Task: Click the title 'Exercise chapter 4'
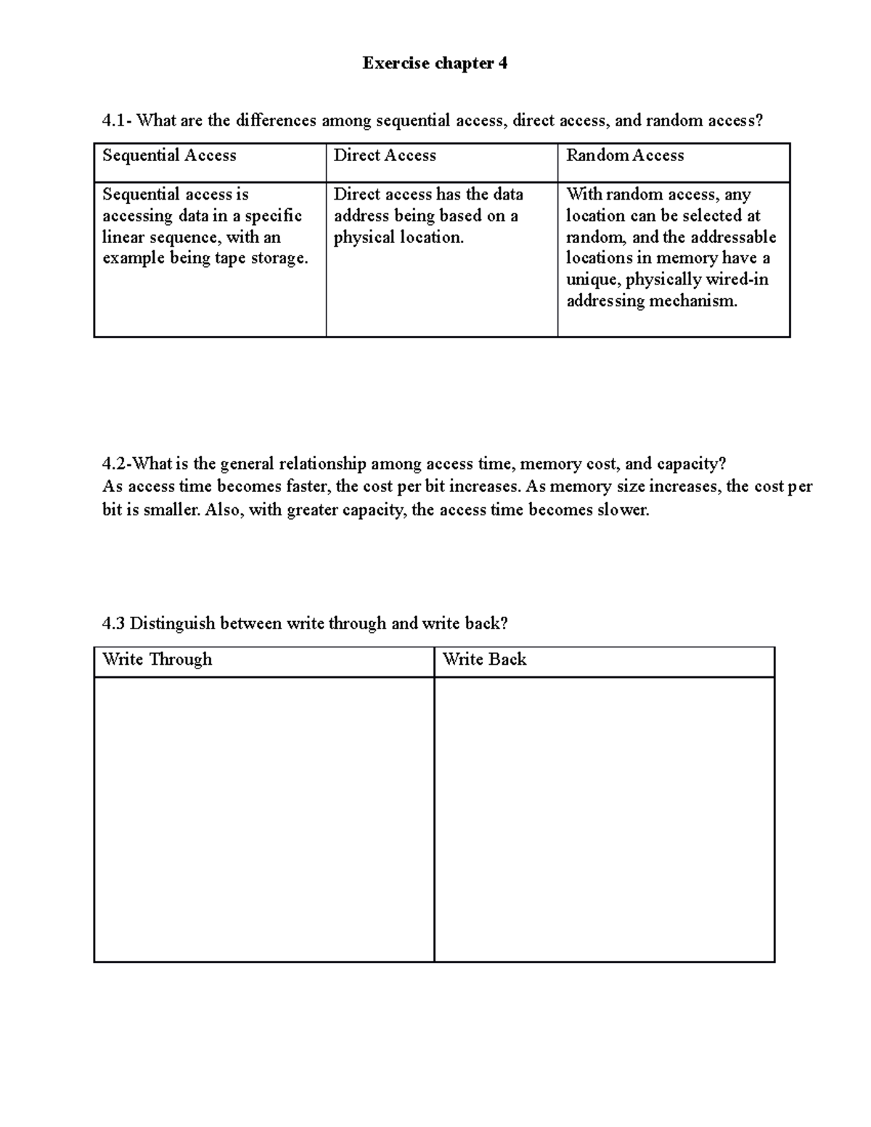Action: click(435, 64)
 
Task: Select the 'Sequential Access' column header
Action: click(169, 155)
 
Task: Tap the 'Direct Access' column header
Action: click(385, 155)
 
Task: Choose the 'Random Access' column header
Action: click(625, 155)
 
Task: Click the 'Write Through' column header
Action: click(158, 659)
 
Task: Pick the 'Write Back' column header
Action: click(484, 659)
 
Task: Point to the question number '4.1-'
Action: click(117, 120)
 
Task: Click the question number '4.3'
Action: click(113, 623)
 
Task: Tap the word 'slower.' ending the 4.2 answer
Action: click(623, 510)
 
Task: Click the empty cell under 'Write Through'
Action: click(264, 819)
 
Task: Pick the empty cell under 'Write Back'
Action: click(604, 819)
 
